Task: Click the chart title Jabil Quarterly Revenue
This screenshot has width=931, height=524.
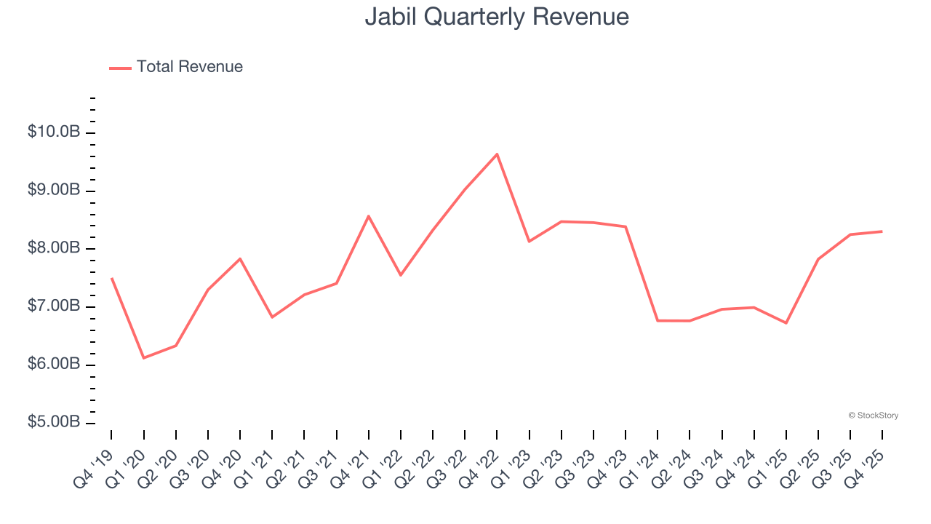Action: pos(497,17)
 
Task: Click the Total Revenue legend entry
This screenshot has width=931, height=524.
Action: pos(189,67)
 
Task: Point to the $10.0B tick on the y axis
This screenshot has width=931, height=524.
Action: pos(53,132)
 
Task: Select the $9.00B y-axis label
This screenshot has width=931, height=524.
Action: pos(53,191)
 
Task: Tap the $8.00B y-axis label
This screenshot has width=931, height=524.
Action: pos(53,249)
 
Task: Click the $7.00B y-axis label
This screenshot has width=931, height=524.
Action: pos(53,306)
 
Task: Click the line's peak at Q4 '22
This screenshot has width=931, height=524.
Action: pos(497,154)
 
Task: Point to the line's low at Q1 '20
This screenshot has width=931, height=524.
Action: pos(143,358)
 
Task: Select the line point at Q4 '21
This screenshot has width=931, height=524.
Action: pos(368,216)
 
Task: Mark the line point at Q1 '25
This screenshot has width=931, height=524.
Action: pos(786,322)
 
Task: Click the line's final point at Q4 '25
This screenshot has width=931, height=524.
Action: pos(882,231)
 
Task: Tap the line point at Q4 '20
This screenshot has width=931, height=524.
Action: pos(240,258)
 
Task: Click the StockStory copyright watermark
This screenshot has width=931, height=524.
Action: pos(873,416)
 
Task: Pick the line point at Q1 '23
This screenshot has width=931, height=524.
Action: pos(529,241)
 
